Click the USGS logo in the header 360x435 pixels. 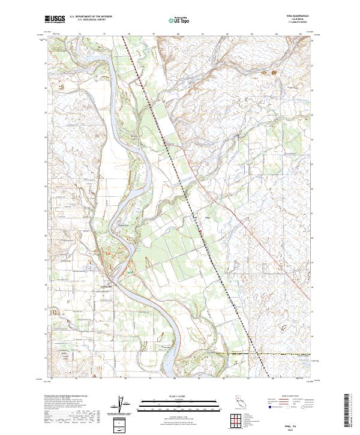pyautogui.click(x=55, y=20)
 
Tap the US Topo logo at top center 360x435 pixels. pyautogui.click(x=179, y=20)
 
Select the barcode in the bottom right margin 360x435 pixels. pyautogui.click(x=349, y=413)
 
